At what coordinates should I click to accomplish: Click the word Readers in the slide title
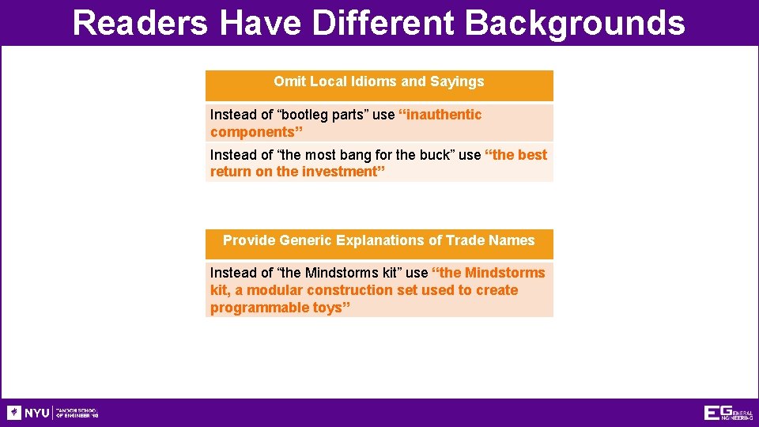tap(140, 23)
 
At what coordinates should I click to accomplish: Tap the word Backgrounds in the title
tap(575, 23)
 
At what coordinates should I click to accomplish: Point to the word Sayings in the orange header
tap(457, 81)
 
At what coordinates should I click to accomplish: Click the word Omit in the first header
tap(289, 81)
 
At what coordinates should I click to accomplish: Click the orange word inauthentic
tap(445, 115)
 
